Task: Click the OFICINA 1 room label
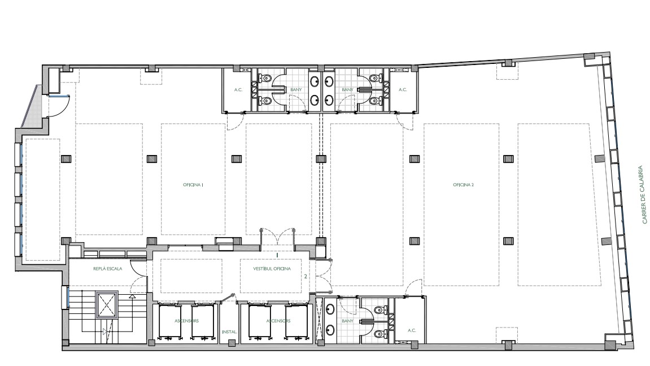click(193, 185)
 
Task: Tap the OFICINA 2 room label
click(464, 185)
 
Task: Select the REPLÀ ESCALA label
click(108, 269)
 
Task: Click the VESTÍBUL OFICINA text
click(272, 269)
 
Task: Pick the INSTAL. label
click(230, 332)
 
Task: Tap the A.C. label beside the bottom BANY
click(412, 331)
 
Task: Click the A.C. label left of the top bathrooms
click(238, 90)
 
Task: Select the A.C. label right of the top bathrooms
click(403, 90)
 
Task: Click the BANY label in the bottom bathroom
click(348, 321)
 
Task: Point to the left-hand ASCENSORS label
click(186, 321)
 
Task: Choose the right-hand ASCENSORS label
click(278, 321)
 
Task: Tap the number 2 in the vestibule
click(306, 276)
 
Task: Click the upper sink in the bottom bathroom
click(330, 309)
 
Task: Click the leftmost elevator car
click(170, 321)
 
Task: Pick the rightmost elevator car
click(297, 321)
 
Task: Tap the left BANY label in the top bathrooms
click(296, 90)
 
